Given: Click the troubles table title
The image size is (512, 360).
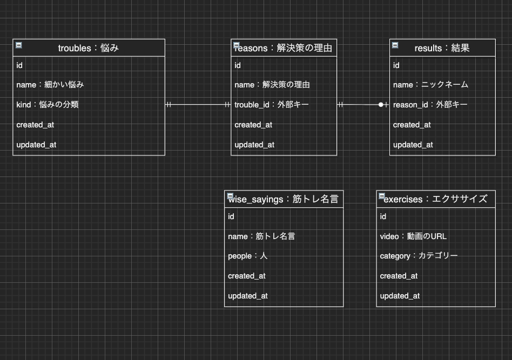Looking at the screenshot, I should click(x=89, y=48).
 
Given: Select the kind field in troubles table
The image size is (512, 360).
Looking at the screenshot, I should click(x=48, y=105).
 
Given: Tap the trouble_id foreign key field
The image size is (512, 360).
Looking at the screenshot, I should click(x=271, y=105).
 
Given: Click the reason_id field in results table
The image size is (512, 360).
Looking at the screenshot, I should click(x=430, y=105).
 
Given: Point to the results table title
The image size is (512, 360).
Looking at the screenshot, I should click(x=442, y=48).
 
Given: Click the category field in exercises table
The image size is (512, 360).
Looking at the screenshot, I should click(x=419, y=256).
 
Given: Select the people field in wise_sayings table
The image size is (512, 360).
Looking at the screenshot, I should click(x=247, y=256).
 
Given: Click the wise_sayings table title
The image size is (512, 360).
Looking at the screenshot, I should click(x=284, y=199).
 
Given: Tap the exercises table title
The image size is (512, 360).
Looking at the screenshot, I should click(x=435, y=199).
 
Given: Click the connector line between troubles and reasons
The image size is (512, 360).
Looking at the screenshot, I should click(x=198, y=105).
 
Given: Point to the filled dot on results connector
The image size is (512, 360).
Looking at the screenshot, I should click(x=381, y=105).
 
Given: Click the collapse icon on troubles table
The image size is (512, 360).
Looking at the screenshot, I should click(x=19, y=45).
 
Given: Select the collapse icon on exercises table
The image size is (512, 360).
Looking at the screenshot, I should click(x=382, y=195).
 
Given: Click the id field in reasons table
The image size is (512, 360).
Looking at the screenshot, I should click(x=238, y=65).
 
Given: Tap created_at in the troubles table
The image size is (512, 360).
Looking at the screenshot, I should click(x=35, y=125).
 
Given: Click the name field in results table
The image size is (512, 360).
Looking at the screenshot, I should click(x=430, y=85).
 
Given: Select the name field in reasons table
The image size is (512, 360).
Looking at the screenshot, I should click(x=272, y=85).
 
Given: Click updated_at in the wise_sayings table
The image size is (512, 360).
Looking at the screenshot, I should click(x=247, y=296).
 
